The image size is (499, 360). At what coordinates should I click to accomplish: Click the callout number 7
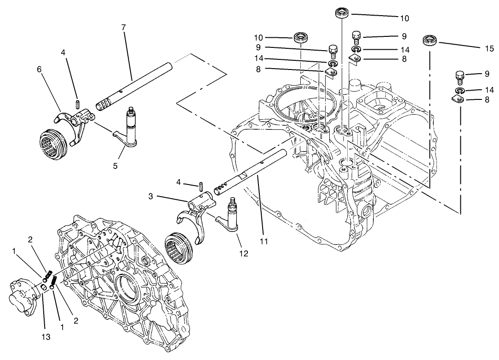(x=123, y=27)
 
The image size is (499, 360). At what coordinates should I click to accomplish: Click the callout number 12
(x=243, y=254)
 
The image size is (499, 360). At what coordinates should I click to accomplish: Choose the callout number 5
(x=115, y=165)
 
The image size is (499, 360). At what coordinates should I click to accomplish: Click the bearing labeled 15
(x=430, y=41)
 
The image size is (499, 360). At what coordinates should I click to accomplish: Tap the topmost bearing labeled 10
(x=342, y=12)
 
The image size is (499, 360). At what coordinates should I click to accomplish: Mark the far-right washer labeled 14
(x=459, y=90)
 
